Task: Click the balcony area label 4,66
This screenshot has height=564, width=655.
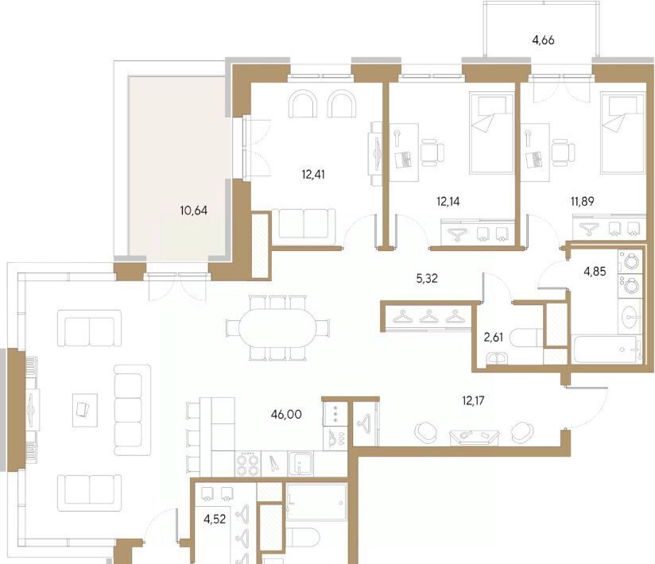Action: click(x=543, y=41)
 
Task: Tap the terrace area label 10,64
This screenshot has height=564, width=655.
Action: click(x=193, y=211)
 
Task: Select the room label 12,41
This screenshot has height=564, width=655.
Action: click(x=313, y=174)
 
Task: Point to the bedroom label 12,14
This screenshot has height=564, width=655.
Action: click(x=448, y=202)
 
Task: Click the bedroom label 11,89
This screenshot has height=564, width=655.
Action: click(x=583, y=202)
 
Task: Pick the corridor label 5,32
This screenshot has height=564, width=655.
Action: click(x=427, y=279)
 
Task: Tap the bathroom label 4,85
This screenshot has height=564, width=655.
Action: click(x=595, y=272)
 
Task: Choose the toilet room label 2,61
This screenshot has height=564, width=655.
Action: click(x=494, y=338)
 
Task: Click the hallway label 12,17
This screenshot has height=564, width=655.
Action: click(x=473, y=401)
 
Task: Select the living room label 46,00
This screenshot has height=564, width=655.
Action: click(x=285, y=415)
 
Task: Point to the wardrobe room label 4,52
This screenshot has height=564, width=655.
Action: click(x=215, y=520)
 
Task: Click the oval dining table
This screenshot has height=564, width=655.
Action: click(x=277, y=328)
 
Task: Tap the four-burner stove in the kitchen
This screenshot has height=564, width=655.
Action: click(x=248, y=464)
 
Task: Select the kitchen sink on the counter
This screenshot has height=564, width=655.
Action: click(x=300, y=463)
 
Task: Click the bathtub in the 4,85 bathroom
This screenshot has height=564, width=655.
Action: click(x=606, y=350)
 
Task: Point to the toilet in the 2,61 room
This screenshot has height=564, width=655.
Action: click(x=527, y=338)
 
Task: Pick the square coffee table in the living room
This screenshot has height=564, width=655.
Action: click(x=85, y=410)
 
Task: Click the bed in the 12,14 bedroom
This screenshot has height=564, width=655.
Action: click(x=492, y=133)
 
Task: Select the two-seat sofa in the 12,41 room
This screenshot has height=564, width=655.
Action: click(x=304, y=225)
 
